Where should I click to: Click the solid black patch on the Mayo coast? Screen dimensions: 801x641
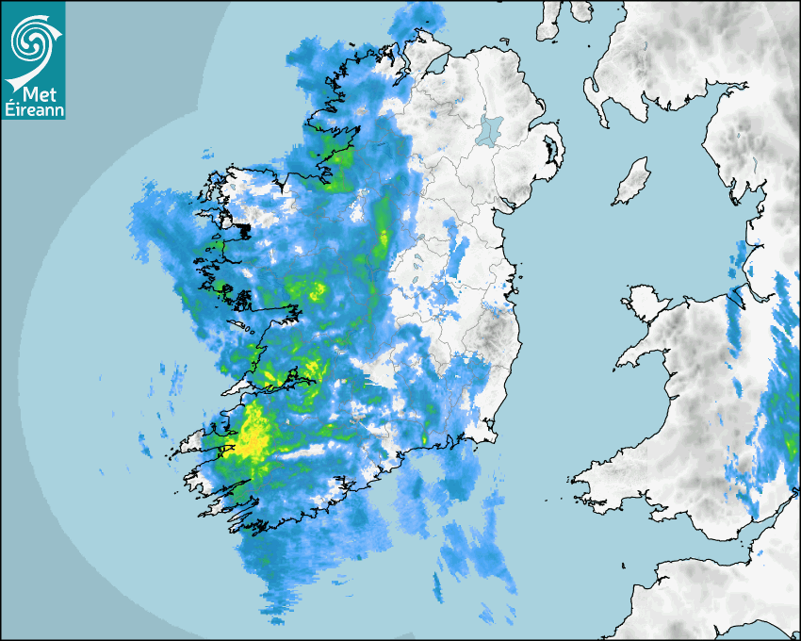[x=243, y=229]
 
